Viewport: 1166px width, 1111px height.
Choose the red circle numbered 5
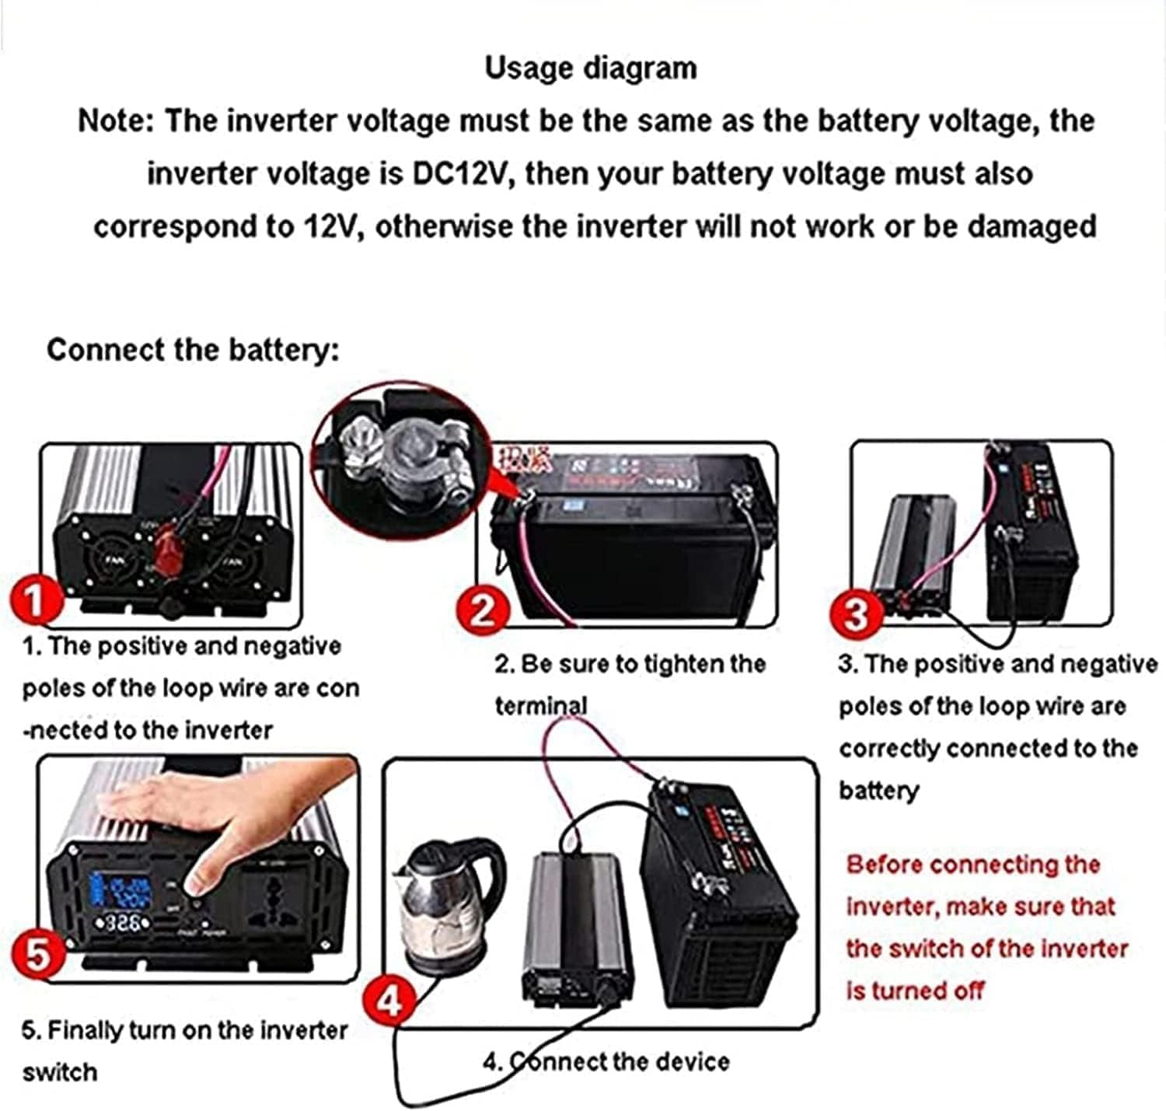coord(37,953)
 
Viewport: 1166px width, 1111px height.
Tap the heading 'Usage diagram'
coord(591,68)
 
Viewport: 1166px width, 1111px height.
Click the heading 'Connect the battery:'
coord(193,350)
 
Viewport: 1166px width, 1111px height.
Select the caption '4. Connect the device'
coord(606,1062)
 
